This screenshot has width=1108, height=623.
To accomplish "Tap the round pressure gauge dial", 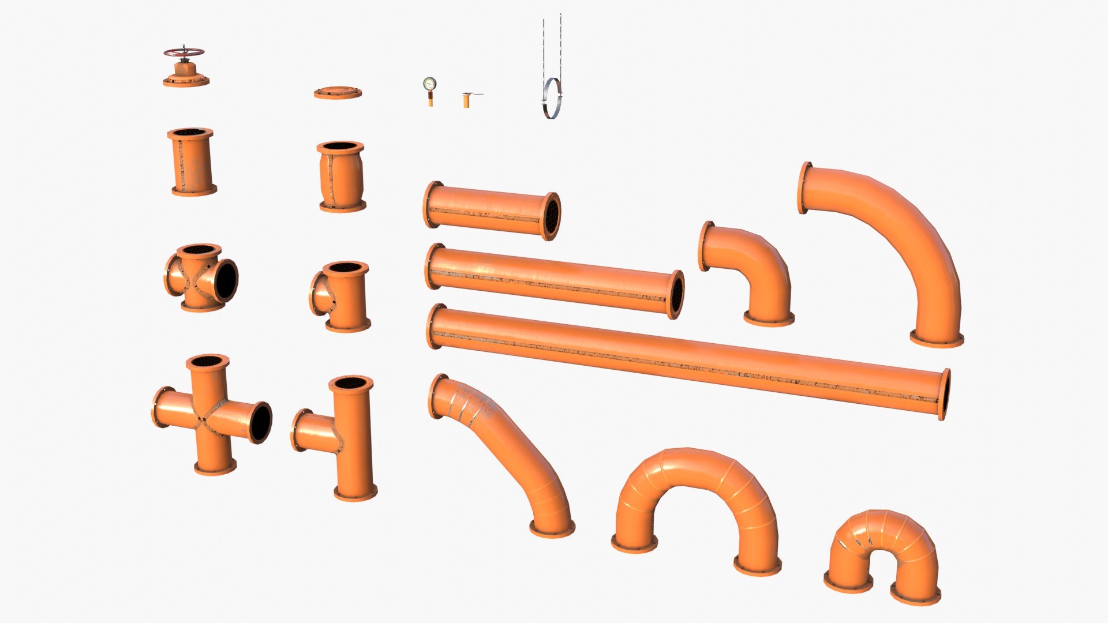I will click(429, 84).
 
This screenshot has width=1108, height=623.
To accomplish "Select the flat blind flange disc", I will click(338, 92).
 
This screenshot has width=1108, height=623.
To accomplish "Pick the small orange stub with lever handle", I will click(466, 100).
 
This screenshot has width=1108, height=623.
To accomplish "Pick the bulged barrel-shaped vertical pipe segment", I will click(341, 176).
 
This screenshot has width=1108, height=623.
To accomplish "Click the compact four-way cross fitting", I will click(200, 277).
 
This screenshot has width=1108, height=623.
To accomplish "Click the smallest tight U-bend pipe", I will click(880, 548).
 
